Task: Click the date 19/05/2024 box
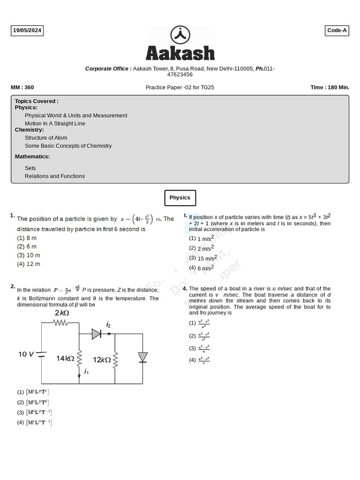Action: pyautogui.click(x=27, y=31)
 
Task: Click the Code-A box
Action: pyautogui.click(x=337, y=31)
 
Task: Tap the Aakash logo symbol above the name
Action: pyautogui.click(x=180, y=35)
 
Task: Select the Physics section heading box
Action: pyautogui.click(x=180, y=198)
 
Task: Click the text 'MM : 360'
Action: pyautogui.click(x=22, y=88)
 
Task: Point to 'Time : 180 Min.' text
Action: pyautogui.click(x=330, y=88)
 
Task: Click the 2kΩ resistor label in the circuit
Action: pyautogui.click(x=62, y=313)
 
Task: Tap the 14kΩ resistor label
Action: pyautogui.click(x=65, y=359)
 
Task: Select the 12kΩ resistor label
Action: pyautogui.click(x=102, y=360)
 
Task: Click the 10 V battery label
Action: pyautogui.click(x=26, y=354)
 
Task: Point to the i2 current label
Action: pyautogui.click(x=108, y=324)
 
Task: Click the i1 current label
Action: pyautogui.click(x=86, y=372)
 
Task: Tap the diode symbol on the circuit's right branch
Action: pyautogui.click(x=142, y=357)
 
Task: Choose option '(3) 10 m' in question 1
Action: pyautogui.click(x=29, y=255)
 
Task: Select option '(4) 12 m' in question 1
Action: pyautogui.click(x=29, y=264)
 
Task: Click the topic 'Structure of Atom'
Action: pyautogui.click(x=46, y=138)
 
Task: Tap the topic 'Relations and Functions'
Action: pyautogui.click(x=55, y=176)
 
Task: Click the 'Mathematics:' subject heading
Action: pyautogui.click(x=32, y=157)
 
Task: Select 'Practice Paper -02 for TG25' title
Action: pyautogui.click(x=180, y=88)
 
